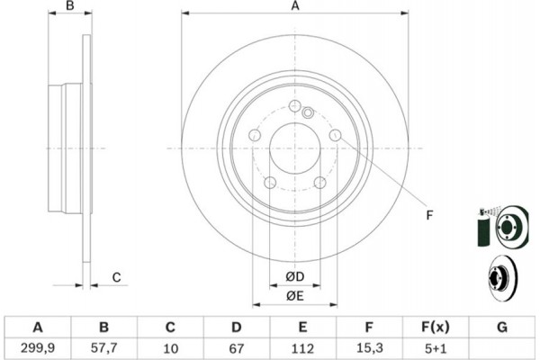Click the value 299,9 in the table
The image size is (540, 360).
click(38, 348)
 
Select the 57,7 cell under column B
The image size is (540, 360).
click(104, 348)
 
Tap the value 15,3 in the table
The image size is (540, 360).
click(369, 348)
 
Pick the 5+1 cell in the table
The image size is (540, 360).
click(436, 348)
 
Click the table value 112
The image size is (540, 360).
click(302, 348)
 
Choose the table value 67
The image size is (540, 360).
click(236, 348)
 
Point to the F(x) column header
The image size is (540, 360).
click(436, 327)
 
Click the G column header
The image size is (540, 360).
click(502, 327)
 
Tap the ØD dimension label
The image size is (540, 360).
click(295, 276)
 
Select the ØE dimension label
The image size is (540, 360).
click(295, 295)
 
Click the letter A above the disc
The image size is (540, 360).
click(295, 6)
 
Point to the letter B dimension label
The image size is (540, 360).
click(70, 6)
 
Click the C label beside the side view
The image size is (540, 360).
click(117, 277)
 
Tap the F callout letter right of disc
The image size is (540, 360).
click(429, 215)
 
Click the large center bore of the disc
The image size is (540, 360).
click(295, 148)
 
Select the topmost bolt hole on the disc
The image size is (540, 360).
click(295, 106)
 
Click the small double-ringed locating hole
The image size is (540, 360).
click(308, 112)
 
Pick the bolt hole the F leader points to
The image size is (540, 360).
click(335, 135)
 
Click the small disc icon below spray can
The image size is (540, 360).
click(503, 278)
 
